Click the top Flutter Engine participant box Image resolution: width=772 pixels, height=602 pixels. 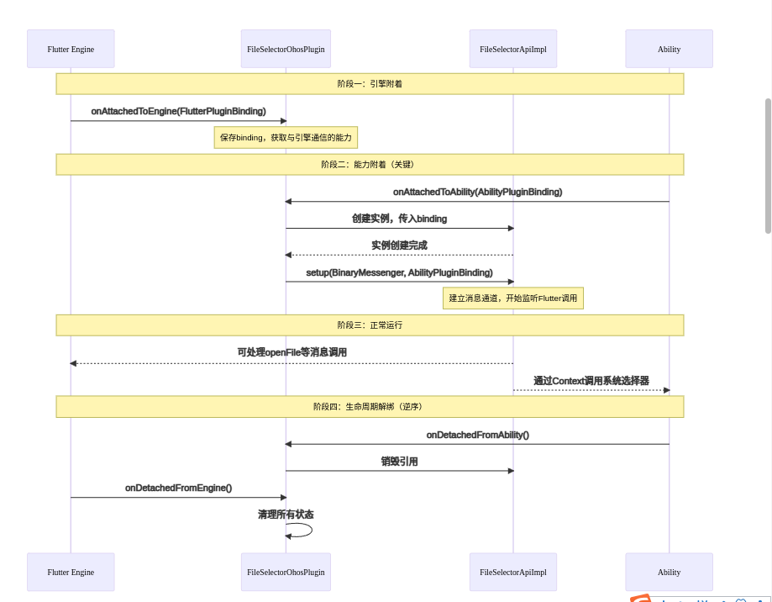click(71, 49)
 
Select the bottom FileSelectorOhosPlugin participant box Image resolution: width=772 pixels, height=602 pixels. click(286, 572)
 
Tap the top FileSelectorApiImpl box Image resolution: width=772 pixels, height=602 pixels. click(512, 49)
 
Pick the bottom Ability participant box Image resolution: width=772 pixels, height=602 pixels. click(669, 572)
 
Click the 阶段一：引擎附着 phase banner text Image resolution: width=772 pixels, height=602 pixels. click(370, 84)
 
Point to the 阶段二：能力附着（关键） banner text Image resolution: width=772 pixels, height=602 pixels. click(370, 165)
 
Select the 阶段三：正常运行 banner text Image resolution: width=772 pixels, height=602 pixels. click(370, 325)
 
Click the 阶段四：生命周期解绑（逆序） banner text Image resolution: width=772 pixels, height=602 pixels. click(370, 407)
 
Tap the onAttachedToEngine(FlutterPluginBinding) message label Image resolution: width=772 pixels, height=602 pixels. click(178, 111)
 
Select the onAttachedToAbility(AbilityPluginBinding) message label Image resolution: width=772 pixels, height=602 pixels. click(477, 192)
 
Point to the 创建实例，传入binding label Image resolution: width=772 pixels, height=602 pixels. click(399, 219)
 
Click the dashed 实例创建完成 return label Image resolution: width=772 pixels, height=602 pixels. click(399, 246)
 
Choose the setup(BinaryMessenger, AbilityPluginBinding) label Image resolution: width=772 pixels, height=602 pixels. click(399, 272)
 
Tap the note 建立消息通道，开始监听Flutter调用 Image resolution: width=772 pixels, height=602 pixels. click(512, 298)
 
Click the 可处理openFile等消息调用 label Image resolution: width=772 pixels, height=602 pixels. click(291, 352)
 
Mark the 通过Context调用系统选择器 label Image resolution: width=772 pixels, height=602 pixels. click(591, 380)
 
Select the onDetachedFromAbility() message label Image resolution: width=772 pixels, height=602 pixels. click(477, 435)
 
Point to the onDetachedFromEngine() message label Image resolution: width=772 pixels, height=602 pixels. click(178, 488)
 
